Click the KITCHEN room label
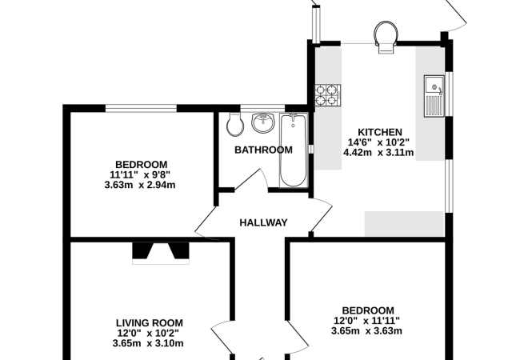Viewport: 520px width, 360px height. pos(380,132)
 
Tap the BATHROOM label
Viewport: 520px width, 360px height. pos(263,150)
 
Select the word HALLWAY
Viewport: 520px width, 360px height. pos(263,222)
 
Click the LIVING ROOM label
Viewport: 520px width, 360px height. pos(150,323)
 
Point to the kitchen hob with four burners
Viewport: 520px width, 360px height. pos(328,95)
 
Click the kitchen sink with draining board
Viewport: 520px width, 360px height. pos(434,96)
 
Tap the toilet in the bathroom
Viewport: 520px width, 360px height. pos(235,124)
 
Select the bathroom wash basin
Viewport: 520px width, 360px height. pos(263,122)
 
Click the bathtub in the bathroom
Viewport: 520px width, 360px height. pos(294,150)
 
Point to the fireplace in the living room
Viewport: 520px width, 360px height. pos(161,254)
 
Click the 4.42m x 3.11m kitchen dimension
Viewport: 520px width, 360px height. pos(378,153)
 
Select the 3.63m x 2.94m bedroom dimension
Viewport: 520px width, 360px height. pos(140,185)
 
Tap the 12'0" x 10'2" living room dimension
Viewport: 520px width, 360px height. pos(148,333)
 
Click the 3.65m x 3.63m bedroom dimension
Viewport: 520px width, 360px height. pos(366,330)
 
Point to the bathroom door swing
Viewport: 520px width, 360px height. pos(251,180)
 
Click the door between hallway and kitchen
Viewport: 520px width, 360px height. pos(322,215)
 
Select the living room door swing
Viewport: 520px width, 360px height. pos(222,338)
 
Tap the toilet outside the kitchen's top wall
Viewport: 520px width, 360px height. pos(386,37)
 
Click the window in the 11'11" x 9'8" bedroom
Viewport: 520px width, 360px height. pos(141,108)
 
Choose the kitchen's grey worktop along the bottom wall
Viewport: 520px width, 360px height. pos(404,224)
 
